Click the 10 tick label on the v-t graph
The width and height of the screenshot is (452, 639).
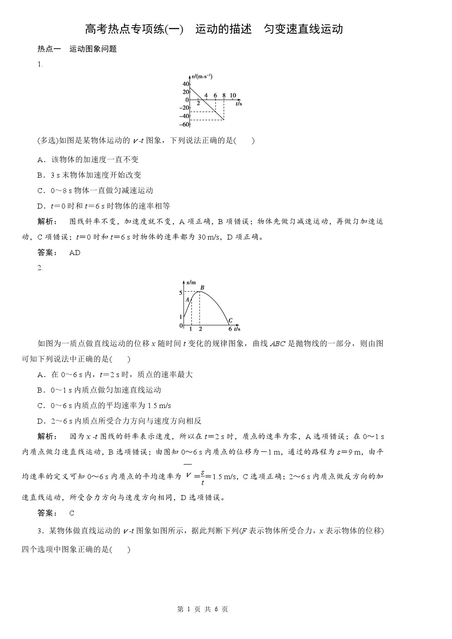pos(233,96)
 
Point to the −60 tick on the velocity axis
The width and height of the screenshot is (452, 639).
pos(184,124)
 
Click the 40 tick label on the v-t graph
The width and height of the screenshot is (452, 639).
pos(186,84)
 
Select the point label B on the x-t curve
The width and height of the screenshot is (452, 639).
pos(202,287)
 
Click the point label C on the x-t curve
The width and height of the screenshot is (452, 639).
pos(231,320)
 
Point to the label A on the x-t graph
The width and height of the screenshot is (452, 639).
pos(187,300)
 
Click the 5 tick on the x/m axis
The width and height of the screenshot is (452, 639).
pos(181,292)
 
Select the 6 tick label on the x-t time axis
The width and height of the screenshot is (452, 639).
pos(230,329)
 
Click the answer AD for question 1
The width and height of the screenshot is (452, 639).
pos(75,252)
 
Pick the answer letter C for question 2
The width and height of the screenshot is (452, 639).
pos(72,513)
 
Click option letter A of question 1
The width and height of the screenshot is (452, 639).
pos(40,159)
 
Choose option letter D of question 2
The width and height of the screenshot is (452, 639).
pos(40,421)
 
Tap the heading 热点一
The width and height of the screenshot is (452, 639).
pos(49,49)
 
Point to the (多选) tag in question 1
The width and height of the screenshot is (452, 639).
pos(48,140)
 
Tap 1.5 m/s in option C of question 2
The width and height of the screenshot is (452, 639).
pos(159,405)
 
